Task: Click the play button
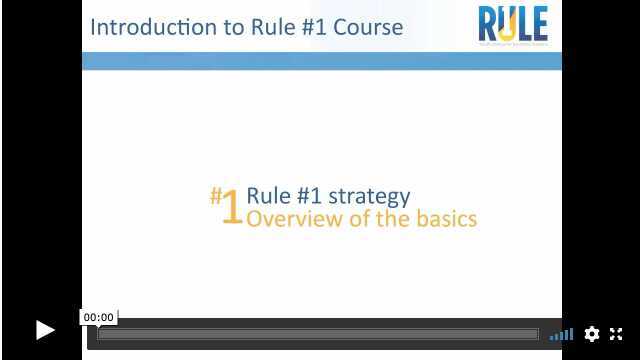pos(45,330)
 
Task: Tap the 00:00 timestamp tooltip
pos(98,317)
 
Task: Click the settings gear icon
pos(592,334)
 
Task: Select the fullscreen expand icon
pos(616,334)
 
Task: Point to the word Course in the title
pos(370,27)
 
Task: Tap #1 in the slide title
pos(314,27)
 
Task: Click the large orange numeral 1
pos(231,207)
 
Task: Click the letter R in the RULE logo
pos(490,24)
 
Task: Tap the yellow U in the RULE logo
pos(510,24)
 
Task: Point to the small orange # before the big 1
pos(215,193)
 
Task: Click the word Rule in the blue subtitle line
pos(267,196)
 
